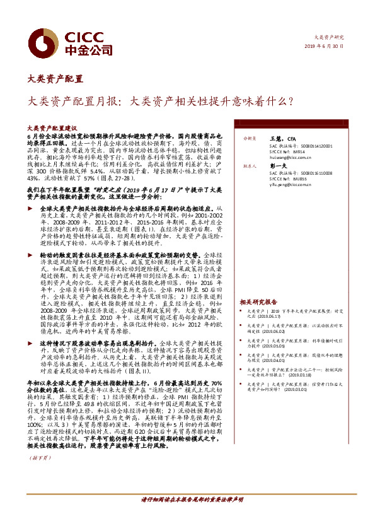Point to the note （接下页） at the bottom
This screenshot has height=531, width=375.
40,458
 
